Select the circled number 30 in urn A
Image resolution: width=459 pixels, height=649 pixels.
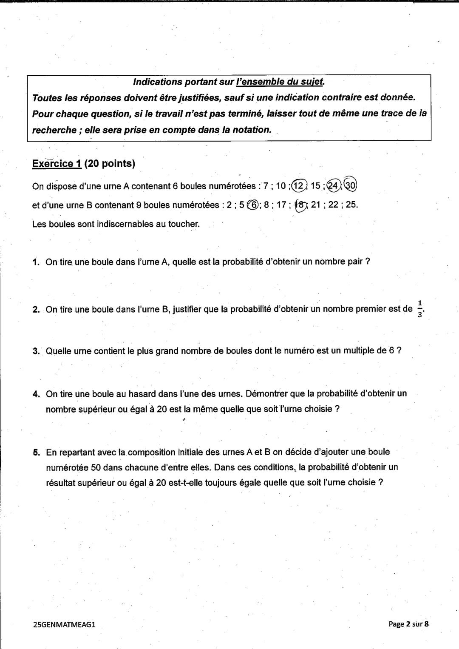351,185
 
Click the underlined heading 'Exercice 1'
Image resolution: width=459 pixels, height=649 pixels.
57,164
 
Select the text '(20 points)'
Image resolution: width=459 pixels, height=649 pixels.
110,164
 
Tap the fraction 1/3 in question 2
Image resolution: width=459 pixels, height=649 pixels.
419,309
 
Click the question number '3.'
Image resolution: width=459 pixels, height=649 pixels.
36,351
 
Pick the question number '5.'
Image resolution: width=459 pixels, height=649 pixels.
36,452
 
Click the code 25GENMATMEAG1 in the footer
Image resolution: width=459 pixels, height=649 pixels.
64,624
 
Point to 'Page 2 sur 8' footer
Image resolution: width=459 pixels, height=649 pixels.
408,624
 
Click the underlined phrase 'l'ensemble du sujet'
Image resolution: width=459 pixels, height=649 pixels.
280,81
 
